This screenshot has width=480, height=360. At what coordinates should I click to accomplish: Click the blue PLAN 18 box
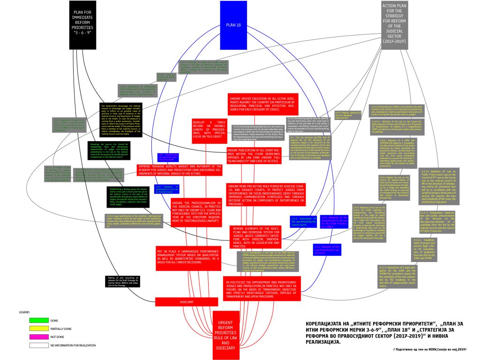(233, 25)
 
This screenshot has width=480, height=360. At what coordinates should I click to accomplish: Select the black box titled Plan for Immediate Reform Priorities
(86, 24)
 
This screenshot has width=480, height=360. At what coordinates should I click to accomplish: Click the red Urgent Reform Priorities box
(229, 335)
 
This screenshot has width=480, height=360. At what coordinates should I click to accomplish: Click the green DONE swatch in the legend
(39, 320)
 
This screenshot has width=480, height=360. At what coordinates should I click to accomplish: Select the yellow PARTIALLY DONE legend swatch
(39, 329)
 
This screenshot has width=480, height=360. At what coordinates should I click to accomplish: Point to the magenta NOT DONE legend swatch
(39, 337)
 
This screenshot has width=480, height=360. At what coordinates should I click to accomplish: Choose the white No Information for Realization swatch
(39, 345)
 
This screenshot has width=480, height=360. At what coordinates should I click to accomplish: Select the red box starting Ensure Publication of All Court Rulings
(255, 156)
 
